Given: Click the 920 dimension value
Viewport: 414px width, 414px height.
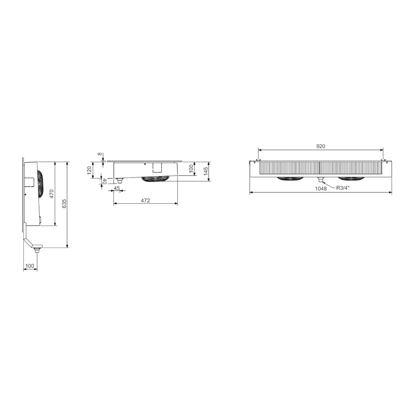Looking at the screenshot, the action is (x=320, y=146).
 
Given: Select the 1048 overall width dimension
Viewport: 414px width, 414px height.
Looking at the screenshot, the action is (x=321, y=189).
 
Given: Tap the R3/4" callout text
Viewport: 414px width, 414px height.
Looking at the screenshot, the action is (x=343, y=188).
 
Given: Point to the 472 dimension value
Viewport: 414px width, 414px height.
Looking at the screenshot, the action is (x=145, y=200).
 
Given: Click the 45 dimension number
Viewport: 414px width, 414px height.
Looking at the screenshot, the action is (x=117, y=188).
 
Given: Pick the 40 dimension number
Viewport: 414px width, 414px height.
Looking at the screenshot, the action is (x=104, y=181).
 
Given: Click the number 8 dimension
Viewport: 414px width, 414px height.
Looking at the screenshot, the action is (x=100, y=154).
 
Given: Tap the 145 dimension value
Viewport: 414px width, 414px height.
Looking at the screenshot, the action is (x=206, y=171).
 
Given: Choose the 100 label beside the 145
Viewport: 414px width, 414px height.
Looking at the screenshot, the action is (x=191, y=168).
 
